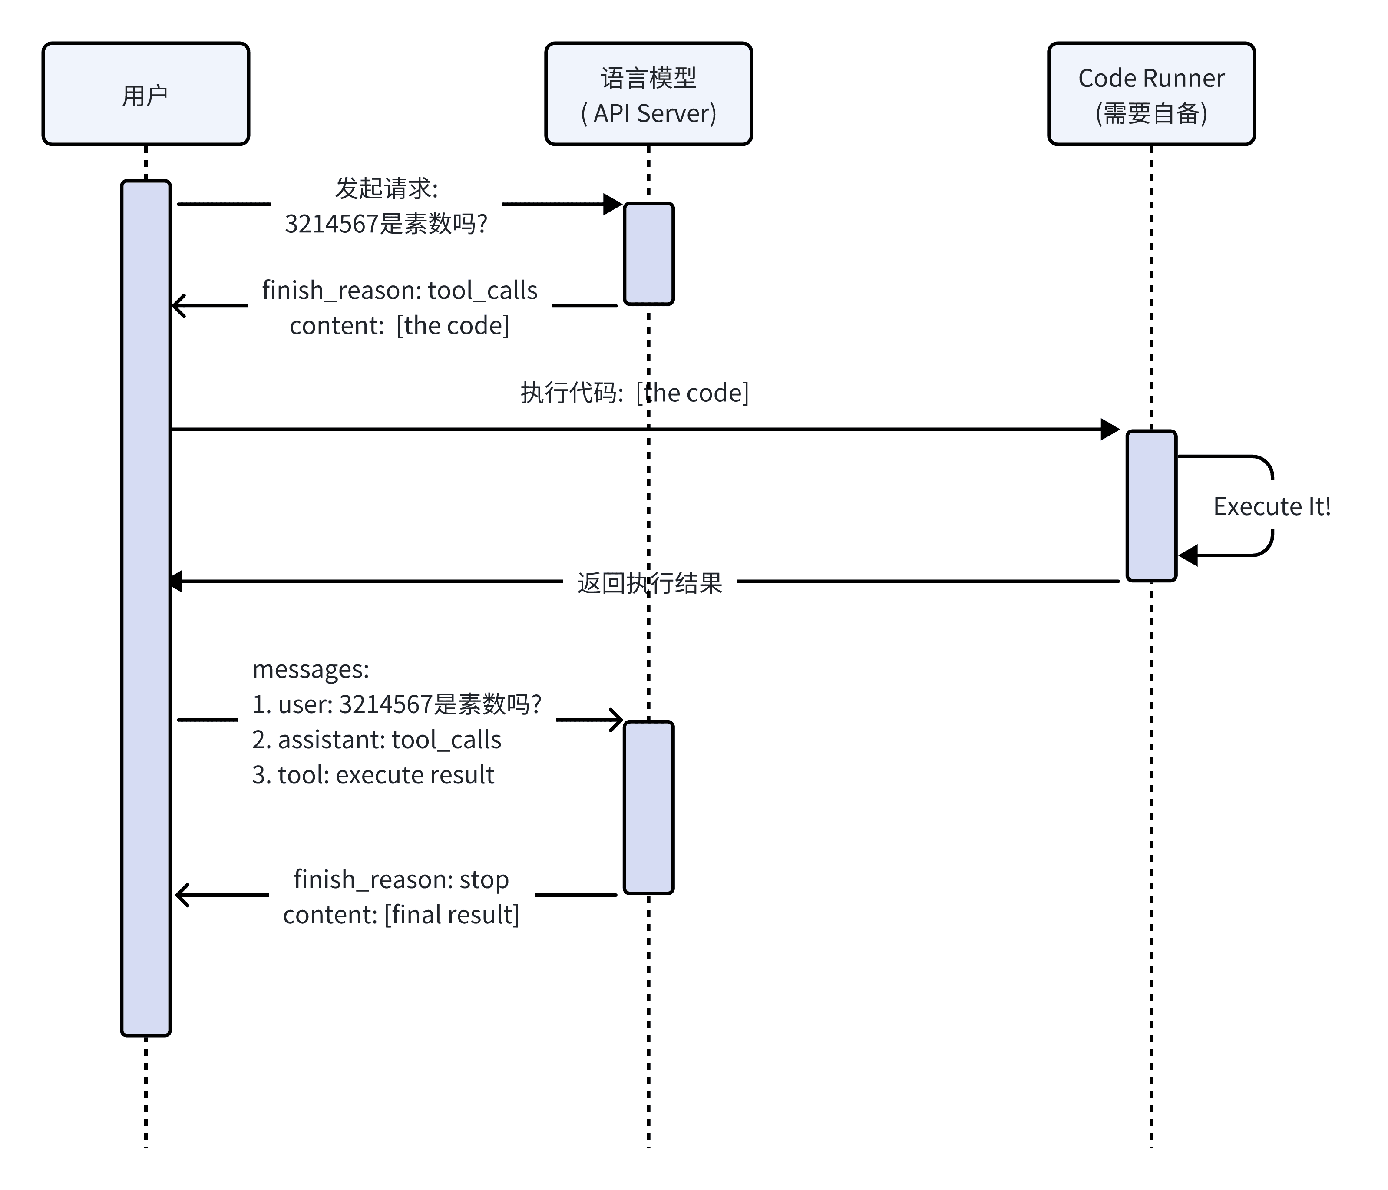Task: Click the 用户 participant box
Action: tap(145, 94)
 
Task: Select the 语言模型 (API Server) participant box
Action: tap(648, 94)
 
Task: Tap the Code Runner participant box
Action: tap(1151, 94)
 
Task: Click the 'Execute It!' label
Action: tap(1272, 506)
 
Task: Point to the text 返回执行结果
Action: tap(649, 583)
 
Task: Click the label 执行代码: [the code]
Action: tap(635, 393)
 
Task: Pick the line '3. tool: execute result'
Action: tap(373, 774)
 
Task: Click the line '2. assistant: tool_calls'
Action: tap(377, 740)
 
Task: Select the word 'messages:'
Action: tap(310, 669)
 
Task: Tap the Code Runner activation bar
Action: tap(1151, 506)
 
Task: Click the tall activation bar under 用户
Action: tap(145, 603)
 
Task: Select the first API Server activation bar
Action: tap(648, 253)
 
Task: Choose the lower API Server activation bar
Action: tap(648, 807)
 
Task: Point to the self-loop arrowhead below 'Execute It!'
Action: tap(1188, 555)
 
